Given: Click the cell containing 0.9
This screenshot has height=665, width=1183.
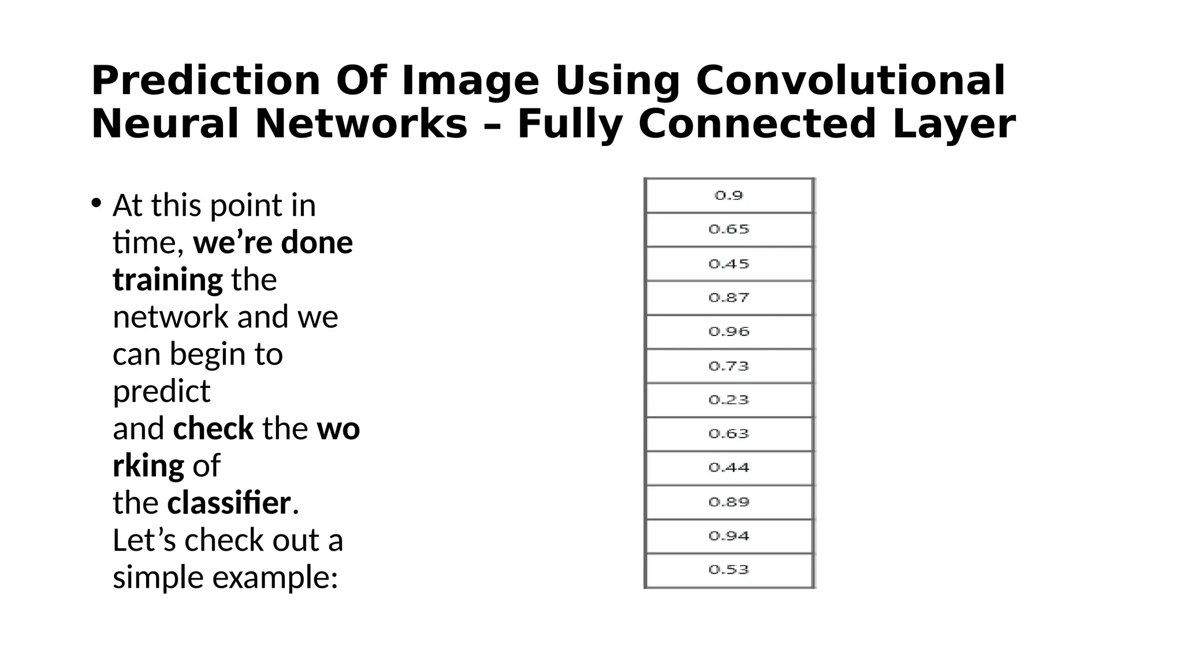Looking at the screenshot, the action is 729,196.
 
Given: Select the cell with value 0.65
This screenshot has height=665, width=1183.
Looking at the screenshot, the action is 729,230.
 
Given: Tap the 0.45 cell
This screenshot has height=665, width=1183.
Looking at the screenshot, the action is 729,264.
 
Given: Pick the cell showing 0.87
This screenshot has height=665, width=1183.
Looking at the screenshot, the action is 729,298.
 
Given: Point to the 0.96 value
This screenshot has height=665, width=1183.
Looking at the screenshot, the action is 729,332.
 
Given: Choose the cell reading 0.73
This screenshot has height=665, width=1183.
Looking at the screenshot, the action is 729,366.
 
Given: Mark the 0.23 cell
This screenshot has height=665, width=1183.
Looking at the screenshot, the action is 729,400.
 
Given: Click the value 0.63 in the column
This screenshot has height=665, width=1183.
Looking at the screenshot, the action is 729,434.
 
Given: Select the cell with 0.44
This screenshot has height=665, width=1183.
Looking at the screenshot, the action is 729,468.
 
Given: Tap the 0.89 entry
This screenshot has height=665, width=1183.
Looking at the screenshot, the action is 729,502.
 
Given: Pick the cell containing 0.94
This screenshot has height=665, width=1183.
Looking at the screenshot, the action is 729,536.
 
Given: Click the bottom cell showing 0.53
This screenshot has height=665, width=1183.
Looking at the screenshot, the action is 729,570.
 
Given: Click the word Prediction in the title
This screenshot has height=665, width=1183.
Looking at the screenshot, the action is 205,81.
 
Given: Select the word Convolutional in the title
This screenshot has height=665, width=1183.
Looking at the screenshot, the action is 850,81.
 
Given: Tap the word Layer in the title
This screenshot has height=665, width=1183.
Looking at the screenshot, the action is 953,125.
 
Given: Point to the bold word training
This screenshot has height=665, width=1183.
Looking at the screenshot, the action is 168,281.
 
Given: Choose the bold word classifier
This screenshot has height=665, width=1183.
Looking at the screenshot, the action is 229,503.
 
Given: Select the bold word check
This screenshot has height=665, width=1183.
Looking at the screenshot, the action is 213,429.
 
